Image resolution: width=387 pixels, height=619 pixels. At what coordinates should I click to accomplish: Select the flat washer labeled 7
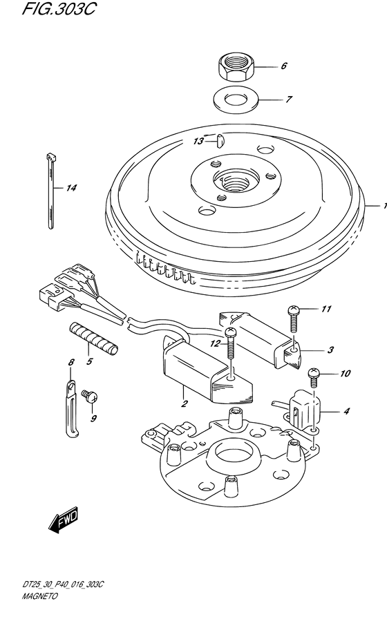click(x=236, y=99)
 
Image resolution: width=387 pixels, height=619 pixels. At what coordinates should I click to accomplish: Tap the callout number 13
click(x=198, y=141)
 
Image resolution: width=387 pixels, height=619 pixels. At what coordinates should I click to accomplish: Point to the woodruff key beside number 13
click(x=220, y=140)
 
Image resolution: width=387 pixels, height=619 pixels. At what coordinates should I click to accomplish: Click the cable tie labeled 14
click(x=51, y=189)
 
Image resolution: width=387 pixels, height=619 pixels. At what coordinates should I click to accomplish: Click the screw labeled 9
click(x=89, y=397)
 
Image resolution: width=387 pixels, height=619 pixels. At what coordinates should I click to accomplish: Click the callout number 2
click(x=183, y=403)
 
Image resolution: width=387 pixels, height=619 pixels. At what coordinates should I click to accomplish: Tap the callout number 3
click(x=330, y=350)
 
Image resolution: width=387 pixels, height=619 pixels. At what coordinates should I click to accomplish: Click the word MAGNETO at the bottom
click(x=39, y=596)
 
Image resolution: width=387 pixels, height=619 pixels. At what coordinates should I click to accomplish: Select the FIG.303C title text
click(x=58, y=9)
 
